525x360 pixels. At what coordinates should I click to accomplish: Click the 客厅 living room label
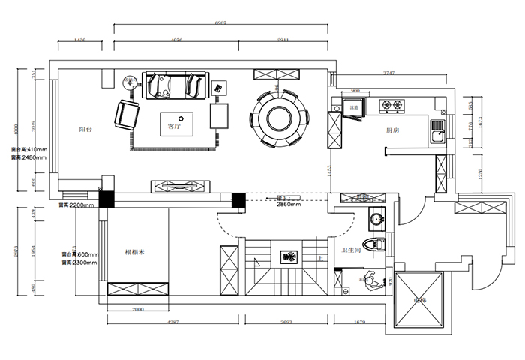point(175,127)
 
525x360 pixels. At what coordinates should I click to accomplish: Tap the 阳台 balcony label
point(85,130)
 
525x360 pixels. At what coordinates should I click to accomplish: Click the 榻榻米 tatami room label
point(134,253)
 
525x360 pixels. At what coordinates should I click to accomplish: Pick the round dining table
point(278,116)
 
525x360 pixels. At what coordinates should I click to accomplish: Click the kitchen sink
point(435,133)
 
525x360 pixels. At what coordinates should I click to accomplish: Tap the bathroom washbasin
point(376,220)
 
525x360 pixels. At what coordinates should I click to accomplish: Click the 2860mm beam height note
point(289,203)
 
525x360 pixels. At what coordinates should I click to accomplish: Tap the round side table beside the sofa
point(129,82)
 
